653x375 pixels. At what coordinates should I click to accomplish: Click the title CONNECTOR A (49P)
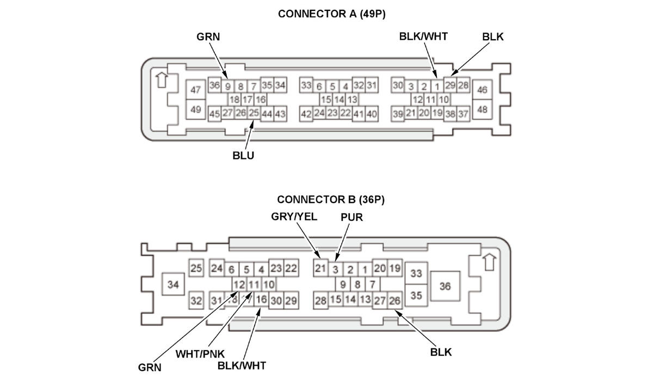tap(331, 14)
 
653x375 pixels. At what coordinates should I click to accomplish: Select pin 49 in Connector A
tap(195, 109)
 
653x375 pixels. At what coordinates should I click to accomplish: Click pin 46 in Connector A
tap(482, 90)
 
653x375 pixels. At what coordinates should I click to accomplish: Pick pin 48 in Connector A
tap(482, 109)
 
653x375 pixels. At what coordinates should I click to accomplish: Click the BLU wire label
tap(243, 156)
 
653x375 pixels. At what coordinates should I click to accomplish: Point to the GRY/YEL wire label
tap(294, 217)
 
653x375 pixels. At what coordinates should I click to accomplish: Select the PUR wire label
tap(352, 217)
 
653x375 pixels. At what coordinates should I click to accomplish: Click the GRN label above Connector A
tap(208, 37)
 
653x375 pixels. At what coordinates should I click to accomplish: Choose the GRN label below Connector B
tap(150, 367)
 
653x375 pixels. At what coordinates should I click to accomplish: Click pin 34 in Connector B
tap(173, 284)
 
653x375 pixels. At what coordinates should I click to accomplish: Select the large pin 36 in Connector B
tap(445, 286)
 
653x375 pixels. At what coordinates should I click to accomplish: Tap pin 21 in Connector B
tap(321, 268)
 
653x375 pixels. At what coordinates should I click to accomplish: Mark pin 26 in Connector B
tap(395, 300)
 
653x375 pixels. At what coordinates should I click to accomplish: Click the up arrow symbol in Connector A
tap(161, 79)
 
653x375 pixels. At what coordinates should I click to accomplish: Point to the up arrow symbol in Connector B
tap(489, 262)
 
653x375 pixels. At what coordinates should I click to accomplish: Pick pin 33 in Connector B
tap(417, 273)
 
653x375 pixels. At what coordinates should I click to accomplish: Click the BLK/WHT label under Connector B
tap(241, 365)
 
